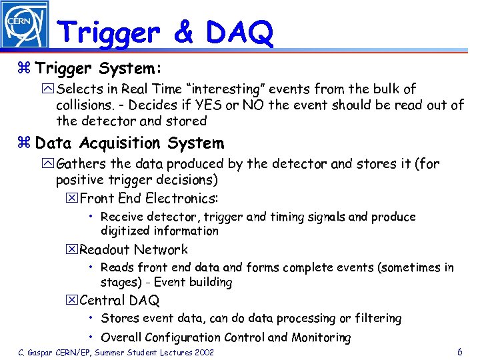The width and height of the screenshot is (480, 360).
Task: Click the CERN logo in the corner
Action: point(25,24)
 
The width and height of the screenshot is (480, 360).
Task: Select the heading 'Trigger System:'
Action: point(99,69)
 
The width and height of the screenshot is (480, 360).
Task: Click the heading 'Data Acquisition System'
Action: point(129,143)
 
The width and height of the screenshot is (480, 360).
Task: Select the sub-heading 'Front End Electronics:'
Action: point(149,198)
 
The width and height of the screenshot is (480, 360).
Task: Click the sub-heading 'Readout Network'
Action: point(133,250)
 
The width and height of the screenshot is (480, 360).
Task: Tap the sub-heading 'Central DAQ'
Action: point(119,301)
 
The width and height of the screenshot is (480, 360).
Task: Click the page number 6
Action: point(460,351)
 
